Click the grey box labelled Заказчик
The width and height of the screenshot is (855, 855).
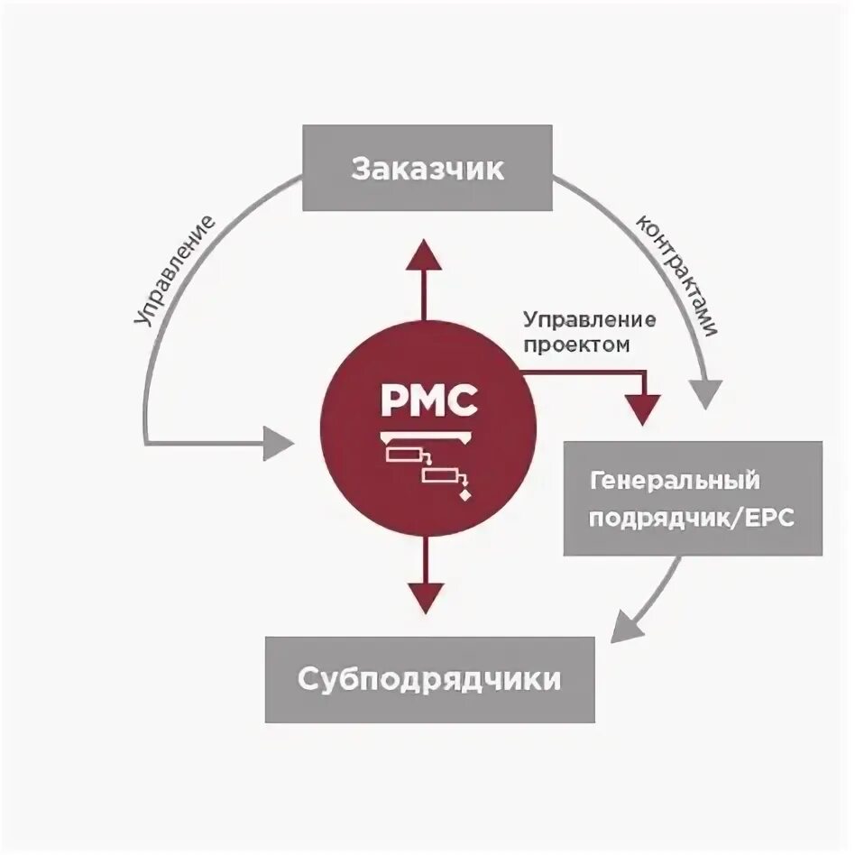pos(427,169)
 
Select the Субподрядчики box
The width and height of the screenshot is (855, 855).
pos(429,679)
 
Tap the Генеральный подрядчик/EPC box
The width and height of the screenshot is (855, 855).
pos(693,498)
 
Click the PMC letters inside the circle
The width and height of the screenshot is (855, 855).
pos(428,400)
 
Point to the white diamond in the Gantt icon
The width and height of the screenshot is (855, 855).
pos(465,495)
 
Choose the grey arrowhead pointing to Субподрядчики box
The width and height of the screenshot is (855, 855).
pos(627,625)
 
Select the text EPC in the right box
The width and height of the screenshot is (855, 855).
pos(768,519)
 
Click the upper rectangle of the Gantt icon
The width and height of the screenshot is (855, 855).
pos(403,455)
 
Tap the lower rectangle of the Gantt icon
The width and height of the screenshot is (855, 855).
pos(442,475)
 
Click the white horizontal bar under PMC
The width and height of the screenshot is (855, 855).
pos(428,437)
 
